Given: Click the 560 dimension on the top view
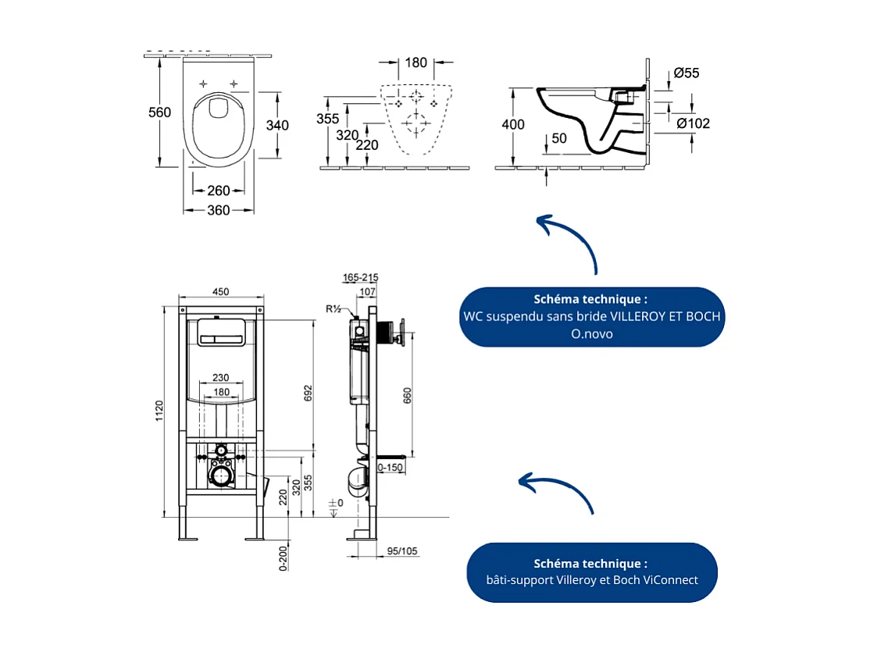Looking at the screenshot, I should tap(159, 112).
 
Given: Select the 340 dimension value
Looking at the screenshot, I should tap(277, 125).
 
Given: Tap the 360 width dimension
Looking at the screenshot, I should tap(219, 210).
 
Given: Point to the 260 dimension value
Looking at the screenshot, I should tap(219, 191).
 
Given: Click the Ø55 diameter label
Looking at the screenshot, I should tap(686, 73).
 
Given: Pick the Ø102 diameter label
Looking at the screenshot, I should tap(693, 123).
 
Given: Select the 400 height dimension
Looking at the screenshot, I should tap(513, 125).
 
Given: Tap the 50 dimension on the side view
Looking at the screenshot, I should tap(558, 138).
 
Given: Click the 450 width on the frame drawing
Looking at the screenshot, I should tap(220, 291).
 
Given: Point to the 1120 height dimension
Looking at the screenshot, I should tap(159, 411).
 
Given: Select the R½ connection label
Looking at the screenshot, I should tap(333, 308).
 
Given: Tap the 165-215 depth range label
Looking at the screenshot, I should tap(360, 277).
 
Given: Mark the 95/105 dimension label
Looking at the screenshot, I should tap(402, 550).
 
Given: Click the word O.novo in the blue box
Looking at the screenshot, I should tap(591, 333).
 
